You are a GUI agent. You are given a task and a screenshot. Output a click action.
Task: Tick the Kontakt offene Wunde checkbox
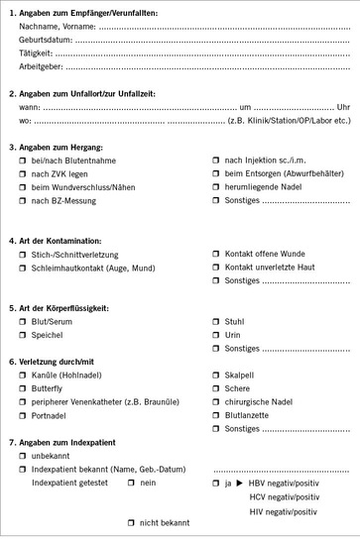[216, 254]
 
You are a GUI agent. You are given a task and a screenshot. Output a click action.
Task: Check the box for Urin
[216, 336]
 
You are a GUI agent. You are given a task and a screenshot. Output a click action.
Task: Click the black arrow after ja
[239, 483]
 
